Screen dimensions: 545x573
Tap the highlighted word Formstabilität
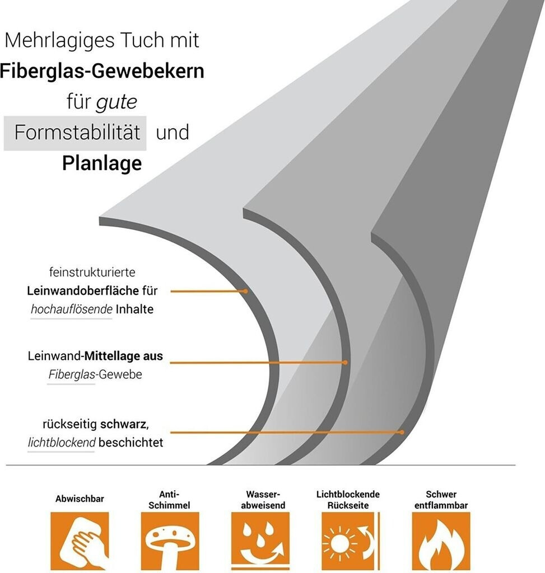point(77,133)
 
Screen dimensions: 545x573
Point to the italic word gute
point(117,102)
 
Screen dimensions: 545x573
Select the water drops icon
point(260,541)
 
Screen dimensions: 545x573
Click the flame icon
point(441,541)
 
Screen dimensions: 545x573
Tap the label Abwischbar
point(80,498)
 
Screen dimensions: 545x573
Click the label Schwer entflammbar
point(441,500)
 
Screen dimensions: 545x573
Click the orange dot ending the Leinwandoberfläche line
point(245,292)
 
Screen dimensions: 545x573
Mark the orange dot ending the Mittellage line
point(345,363)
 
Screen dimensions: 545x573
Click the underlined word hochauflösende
point(71,309)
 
